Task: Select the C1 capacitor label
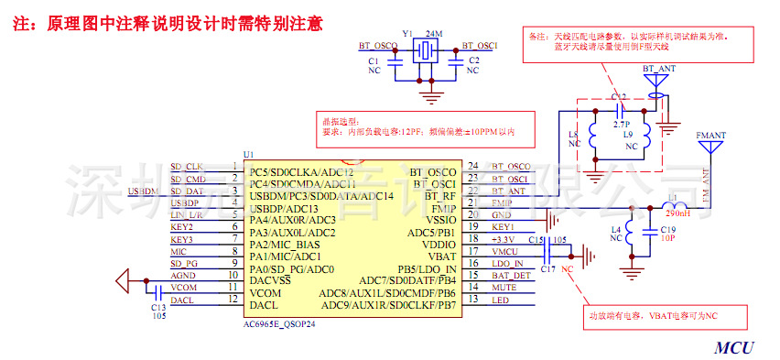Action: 373,60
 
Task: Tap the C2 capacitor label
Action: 473,60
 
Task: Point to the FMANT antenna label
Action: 711,136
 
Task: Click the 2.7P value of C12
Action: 621,122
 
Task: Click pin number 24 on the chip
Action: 472,166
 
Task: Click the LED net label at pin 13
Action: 500,300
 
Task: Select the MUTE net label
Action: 504,288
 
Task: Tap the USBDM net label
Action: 144,191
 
